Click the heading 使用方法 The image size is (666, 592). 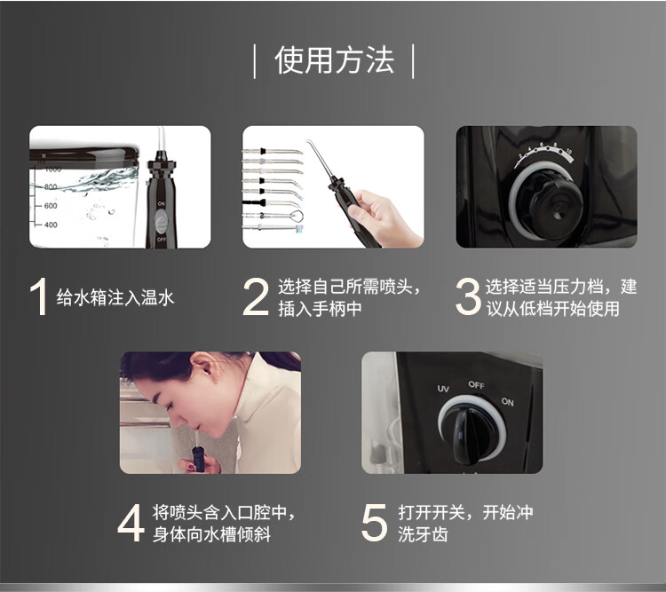334,60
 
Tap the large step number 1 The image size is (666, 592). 39,296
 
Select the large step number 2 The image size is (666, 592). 256,296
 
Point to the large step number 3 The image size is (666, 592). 468,296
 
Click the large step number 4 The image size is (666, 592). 131,523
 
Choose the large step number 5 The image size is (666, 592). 374,523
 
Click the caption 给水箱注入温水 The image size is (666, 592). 115,297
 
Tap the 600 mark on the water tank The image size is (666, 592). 51,206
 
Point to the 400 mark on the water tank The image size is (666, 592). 51,225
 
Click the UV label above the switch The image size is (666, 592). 443,389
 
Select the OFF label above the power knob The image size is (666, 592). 476,385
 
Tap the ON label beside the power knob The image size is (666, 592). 508,401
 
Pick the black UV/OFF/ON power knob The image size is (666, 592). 471,433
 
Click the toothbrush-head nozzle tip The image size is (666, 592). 299,228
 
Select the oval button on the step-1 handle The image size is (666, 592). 161,221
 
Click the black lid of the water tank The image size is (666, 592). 84,155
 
